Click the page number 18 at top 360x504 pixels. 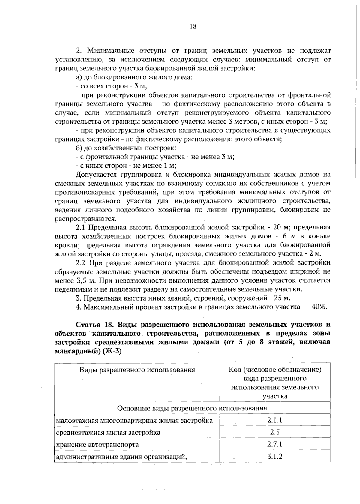point(193,26)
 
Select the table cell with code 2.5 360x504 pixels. point(275,432)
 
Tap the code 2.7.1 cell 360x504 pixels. point(275,444)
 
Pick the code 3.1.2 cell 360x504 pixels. point(275,457)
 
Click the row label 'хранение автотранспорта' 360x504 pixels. point(97,444)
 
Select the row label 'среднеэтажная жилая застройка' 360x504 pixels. point(108,432)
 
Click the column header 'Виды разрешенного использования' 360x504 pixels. point(137,370)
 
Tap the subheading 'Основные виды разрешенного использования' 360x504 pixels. point(192,408)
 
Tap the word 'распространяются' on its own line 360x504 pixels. point(85,218)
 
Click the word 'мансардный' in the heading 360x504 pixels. point(76,352)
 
